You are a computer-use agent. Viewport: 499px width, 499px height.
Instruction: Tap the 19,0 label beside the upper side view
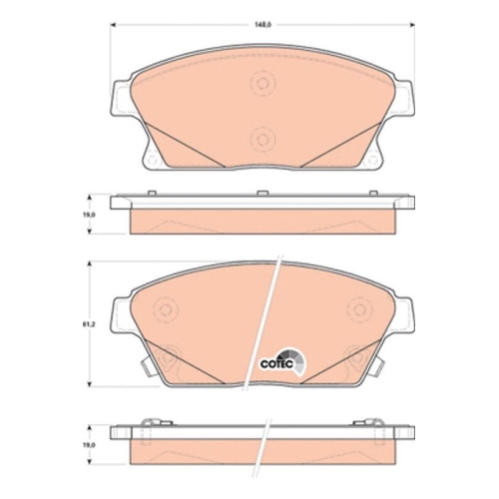click(88, 214)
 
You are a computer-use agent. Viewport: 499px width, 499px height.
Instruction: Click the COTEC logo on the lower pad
click(281, 364)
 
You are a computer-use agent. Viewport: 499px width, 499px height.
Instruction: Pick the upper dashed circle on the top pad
click(262, 86)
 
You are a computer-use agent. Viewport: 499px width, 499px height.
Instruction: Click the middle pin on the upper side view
click(262, 194)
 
